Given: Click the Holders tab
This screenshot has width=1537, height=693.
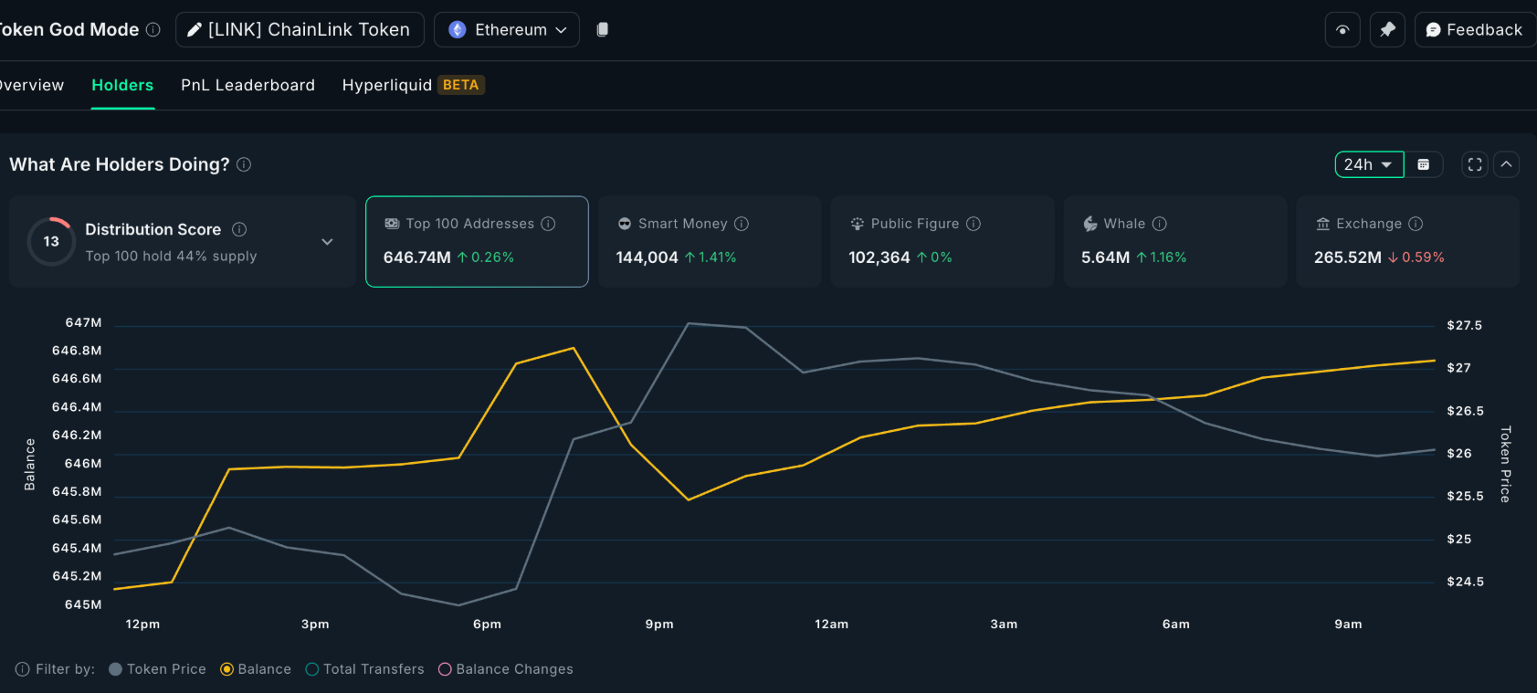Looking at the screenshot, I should pos(122,85).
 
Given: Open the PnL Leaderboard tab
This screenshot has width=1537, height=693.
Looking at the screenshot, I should pos(247,85).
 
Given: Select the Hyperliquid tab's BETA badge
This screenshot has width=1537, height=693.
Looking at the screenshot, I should pos(460,85).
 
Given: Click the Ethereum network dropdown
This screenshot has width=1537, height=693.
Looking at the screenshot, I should pos(507,29).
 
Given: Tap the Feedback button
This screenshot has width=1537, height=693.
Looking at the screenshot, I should pos(1474,29).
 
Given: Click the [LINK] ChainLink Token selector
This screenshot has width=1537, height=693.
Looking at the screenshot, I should pos(300,29).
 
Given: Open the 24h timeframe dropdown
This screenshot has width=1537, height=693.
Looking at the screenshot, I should pos(1368,164).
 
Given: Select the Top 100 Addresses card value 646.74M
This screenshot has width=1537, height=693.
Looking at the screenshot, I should pos(417,257).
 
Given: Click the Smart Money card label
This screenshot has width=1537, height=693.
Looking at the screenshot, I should pos(682,224).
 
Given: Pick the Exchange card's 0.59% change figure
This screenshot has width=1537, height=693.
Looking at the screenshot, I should pos(1422,257).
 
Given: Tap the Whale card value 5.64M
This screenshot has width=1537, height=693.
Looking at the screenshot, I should pos(1105,257).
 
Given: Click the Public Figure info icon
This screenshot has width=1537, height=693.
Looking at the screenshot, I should pos(974,224).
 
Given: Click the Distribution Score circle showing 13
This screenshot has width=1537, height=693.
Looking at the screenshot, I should pos(51,241).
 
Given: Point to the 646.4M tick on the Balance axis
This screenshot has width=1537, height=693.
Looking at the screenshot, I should pos(77,407).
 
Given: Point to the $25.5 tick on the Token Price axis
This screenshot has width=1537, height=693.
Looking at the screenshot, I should pos(1465,496).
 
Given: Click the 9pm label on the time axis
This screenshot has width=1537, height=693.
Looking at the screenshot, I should pos(659,625).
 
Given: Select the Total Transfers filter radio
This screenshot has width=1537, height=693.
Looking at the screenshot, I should pos(312,669).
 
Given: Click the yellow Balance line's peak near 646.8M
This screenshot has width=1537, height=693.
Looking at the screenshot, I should pos(574,348).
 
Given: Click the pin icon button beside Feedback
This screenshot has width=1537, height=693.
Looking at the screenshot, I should pos(1387,29).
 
